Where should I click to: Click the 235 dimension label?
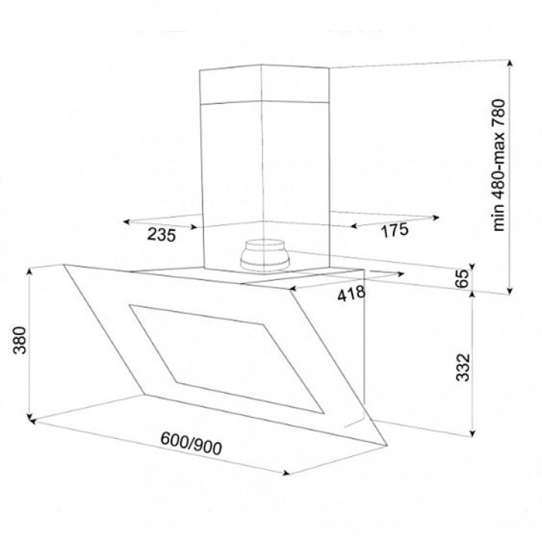pos(162,235)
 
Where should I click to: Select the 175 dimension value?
pos(394,230)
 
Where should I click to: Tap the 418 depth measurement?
pos(352,294)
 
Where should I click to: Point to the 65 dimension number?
pos(462,278)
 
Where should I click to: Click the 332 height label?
pos(463,367)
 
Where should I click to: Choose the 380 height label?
pos(20,340)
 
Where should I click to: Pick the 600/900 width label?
pos(191,443)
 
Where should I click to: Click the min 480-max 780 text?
pos(498,165)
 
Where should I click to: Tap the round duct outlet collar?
pos(265,255)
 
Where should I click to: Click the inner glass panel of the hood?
pos(227,359)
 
